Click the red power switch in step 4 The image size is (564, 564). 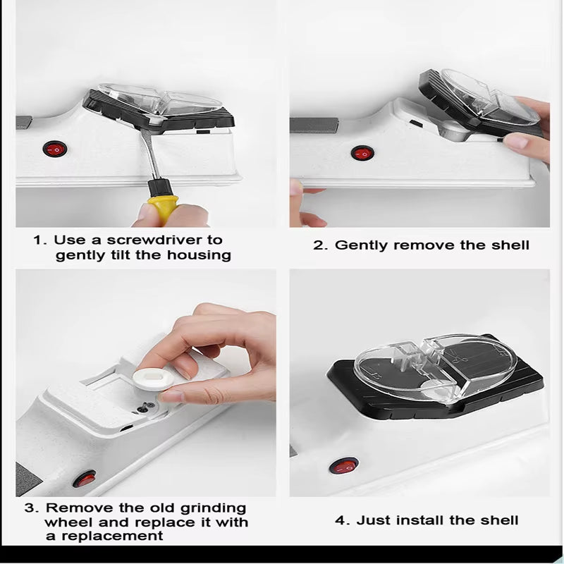point(345,465)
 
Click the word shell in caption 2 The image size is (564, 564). point(508,245)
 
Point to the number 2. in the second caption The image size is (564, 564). point(321,245)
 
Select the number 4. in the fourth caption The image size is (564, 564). point(342,521)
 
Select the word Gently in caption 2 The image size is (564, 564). point(362,245)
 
